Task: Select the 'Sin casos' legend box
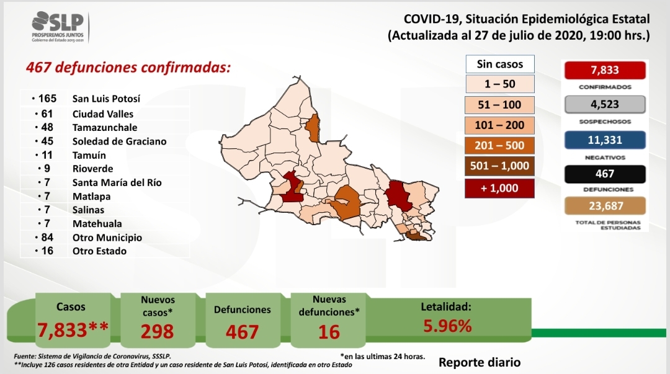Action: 499,64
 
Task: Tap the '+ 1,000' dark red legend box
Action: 499,188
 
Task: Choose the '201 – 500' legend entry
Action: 499,145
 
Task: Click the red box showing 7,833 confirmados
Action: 605,70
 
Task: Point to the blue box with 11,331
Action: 605,140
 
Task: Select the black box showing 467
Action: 605,174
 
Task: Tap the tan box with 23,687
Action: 605,206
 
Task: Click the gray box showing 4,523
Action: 605,104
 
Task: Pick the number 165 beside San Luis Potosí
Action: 47,99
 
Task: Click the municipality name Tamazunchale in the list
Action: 105,127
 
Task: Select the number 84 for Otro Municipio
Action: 47,237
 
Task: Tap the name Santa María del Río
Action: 117,182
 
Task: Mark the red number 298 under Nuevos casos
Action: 157,332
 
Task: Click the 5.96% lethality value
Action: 447,326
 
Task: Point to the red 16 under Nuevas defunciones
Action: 329,332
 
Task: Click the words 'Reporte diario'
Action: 480,362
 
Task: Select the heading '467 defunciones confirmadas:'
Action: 128,68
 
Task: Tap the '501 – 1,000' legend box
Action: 499,166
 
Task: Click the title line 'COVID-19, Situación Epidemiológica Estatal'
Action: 527,19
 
